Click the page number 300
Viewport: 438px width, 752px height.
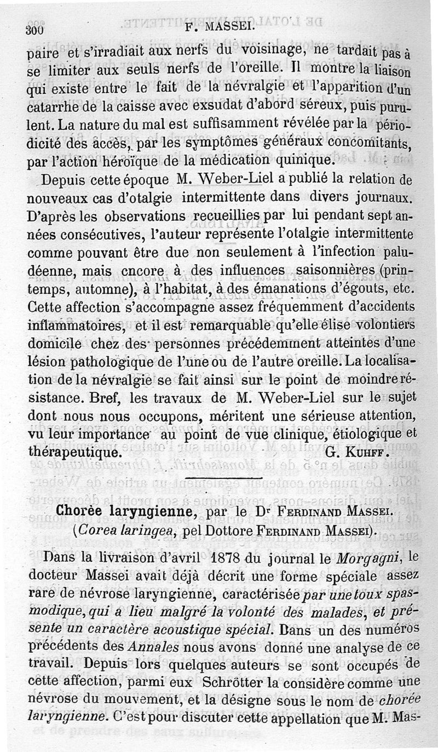[x=34, y=30]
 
